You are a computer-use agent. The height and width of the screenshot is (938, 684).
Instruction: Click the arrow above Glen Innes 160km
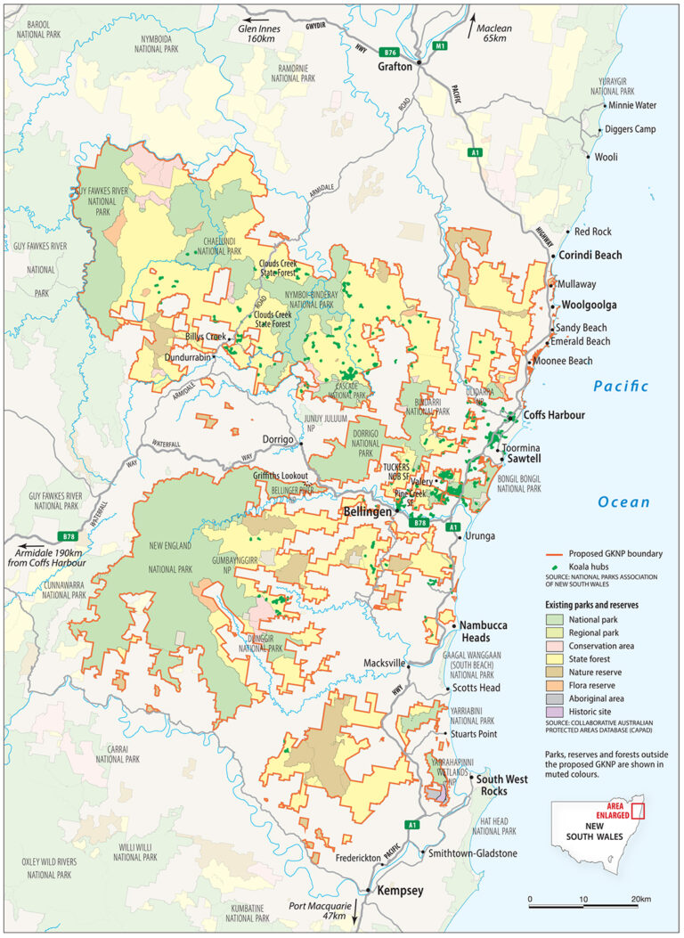pos(259,19)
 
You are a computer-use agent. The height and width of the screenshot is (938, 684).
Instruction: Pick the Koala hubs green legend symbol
pos(556,566)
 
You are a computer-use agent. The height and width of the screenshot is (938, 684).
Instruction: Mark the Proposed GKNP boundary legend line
pos(556,553)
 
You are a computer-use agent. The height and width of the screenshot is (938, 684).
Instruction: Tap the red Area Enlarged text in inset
pos(623,811)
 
